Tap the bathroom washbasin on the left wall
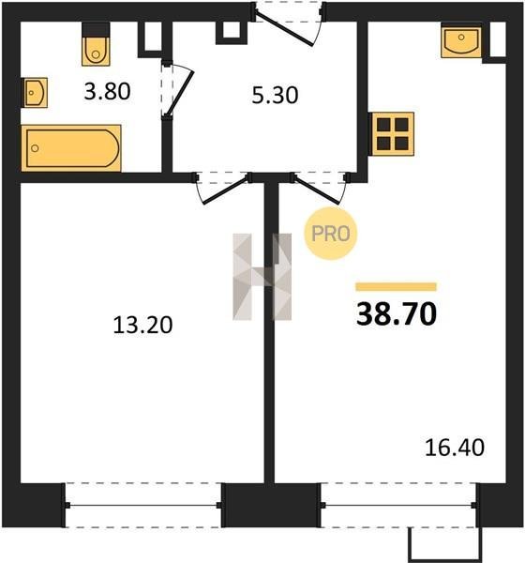point(36,93)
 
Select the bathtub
point(71,148)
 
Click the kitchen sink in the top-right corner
point(461,40)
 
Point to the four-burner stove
point(393,134)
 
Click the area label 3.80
point(107,92)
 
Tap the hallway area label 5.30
point(275,96)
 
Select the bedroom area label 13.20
point(142,326)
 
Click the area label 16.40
point(455,448)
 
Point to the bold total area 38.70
point(397,314)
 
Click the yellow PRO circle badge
point(331,234)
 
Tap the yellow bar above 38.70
point(397,286)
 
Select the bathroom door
point(177,90)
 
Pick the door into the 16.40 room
point(318,189)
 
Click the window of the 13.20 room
point(143,505)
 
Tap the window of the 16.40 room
point(398,505)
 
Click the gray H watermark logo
point(262,277)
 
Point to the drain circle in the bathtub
point(35,148)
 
